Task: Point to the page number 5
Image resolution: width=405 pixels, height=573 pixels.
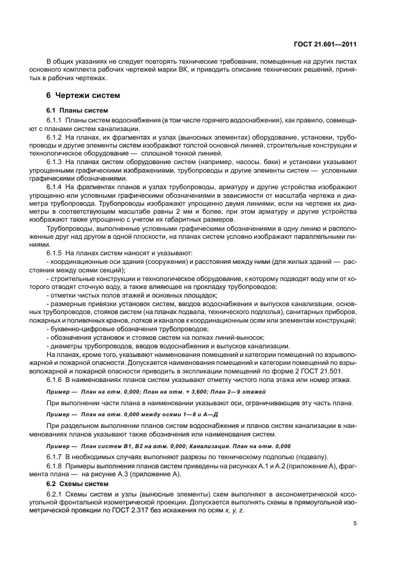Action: pos(355,523)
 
